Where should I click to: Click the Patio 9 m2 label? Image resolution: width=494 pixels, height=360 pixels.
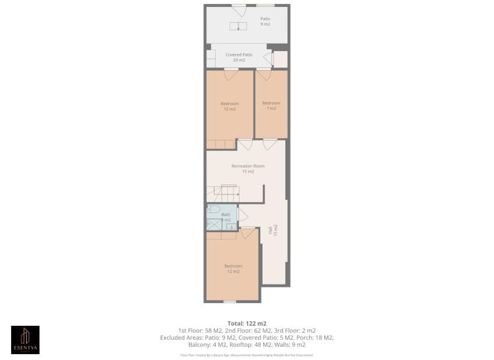coord(265,21)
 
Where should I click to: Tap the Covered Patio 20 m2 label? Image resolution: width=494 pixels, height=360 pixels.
coord(235,57)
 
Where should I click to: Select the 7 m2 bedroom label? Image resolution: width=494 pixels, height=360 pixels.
coord(271,106)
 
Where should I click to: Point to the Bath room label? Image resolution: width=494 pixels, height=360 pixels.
coord(225,217)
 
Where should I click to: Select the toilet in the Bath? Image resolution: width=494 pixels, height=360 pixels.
coord(213,209)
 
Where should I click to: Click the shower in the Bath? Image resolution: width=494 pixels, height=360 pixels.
coord(213,224)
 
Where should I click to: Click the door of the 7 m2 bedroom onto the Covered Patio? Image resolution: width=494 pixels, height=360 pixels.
coord(264,74)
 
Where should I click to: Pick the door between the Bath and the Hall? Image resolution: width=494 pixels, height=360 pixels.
coord(242,214)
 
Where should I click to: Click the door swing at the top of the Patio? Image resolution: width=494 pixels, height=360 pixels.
coord(239,10)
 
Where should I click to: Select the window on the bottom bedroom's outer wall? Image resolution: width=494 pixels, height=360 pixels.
coord(230,301)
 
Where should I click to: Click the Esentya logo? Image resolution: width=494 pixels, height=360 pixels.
coord(26,340)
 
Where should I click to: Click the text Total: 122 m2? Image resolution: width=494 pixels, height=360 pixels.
coord(247,323)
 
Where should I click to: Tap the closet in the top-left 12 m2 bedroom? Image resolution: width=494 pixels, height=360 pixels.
coord(221,144)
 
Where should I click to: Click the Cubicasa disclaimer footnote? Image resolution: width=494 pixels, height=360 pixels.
coord(247,354)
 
